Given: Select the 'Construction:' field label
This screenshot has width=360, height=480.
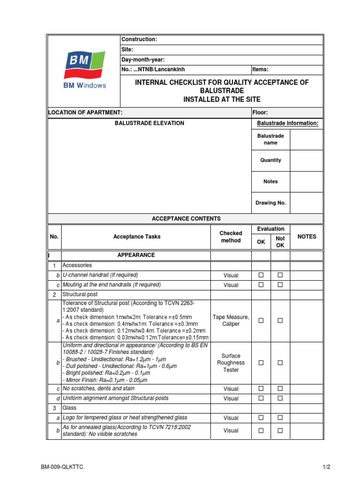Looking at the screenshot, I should point(139,39).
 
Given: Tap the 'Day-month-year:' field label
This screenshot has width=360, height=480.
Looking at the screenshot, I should point(143,60).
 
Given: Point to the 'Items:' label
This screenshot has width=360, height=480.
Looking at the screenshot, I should point(260,69).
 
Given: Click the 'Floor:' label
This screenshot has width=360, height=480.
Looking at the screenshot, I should point(260,112).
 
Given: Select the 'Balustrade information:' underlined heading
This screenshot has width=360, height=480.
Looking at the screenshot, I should point(287,123).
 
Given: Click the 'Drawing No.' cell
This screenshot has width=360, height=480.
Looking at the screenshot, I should point(270,203).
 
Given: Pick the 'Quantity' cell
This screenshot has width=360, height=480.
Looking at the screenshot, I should point(270,160).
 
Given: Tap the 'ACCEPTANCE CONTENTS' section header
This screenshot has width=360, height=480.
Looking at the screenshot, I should point(186,219).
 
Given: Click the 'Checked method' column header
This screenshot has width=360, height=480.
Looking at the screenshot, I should point(231,237).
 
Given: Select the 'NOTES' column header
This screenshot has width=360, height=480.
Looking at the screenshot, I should point(307,237).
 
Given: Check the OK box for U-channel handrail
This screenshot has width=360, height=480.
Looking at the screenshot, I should point(261,275).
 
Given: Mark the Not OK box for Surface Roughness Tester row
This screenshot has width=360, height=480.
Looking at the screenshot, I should point(280,363).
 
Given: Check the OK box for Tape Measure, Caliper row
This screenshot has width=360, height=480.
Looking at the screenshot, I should point(261,321).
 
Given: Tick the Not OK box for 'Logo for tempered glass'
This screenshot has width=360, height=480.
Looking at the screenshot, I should point(280,418).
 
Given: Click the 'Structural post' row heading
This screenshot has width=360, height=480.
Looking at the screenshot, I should point(80,294).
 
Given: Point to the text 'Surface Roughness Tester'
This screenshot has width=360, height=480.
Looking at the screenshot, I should point(231,363).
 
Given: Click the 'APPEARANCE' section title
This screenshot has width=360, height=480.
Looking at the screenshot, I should point(136,255).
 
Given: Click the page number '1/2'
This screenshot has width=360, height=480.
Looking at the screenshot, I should point(326,467).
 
